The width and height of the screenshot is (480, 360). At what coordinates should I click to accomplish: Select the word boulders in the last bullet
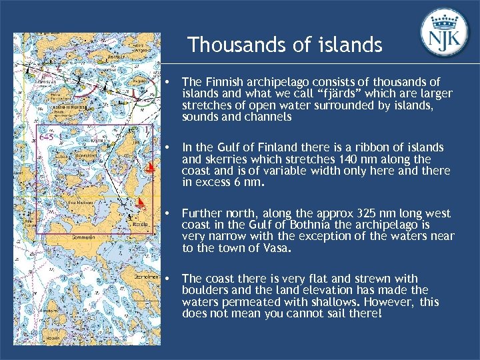pyautogui.click(x=203, y=290)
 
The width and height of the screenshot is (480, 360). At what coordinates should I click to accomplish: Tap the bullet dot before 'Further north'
pyautogui.click(x=172, y=214)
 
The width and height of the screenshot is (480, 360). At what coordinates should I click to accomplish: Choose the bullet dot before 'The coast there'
pyautogui.click(x=172, y=279)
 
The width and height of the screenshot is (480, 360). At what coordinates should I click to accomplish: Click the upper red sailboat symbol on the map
pyautogui.click(x=151, y=167)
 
